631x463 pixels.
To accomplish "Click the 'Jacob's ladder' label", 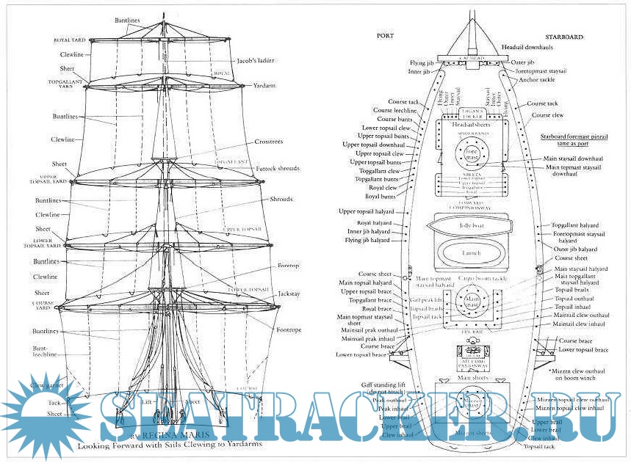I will [256, 60].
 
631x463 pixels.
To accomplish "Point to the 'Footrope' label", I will [289, 329].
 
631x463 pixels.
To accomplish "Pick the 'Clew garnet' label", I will [46, 384].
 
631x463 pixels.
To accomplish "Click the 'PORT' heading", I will [385, 35].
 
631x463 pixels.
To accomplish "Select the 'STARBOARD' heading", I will [563, 35].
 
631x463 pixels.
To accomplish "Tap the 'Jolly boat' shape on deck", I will [470, 226].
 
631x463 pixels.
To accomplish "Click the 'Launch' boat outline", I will [471, 253].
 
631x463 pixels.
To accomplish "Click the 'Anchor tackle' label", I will [537, 79].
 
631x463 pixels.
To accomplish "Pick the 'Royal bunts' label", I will [382, 197].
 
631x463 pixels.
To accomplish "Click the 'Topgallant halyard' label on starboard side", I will [580, 225].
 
